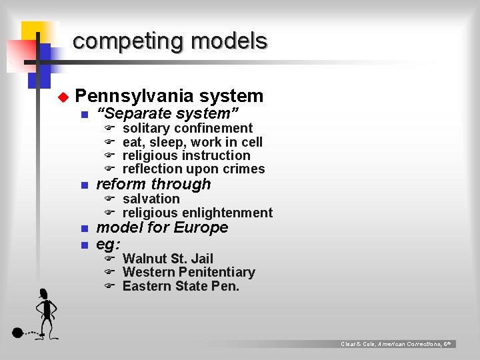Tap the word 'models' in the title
228,41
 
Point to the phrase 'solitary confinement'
187,128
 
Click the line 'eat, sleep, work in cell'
193,142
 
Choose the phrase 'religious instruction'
187,155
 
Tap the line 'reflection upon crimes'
193,169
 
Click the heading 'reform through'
153,184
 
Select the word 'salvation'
151,199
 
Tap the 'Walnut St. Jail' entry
168,258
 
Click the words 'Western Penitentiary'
189,272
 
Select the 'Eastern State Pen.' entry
181,287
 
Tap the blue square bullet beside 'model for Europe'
84,229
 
